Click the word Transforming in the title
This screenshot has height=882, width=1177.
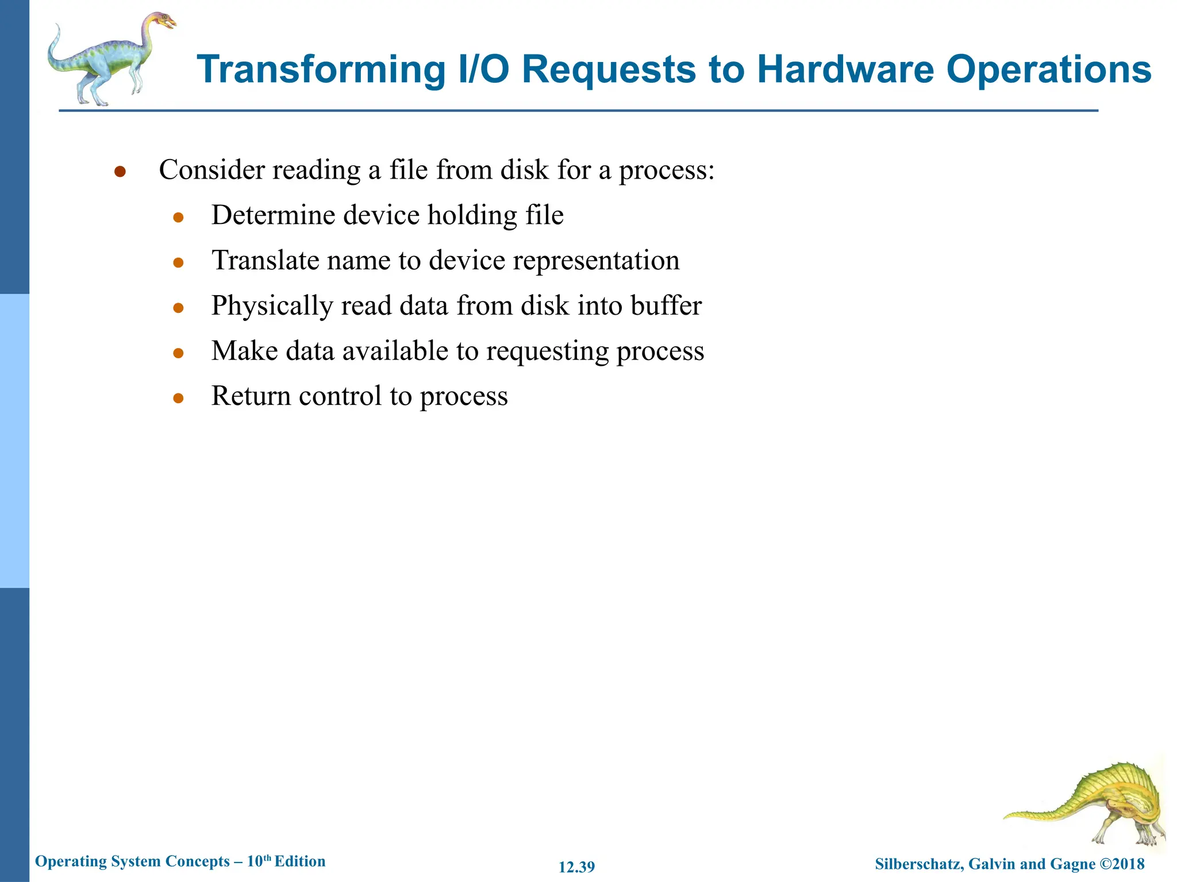(321, 70)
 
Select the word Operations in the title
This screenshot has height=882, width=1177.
(1048, 70)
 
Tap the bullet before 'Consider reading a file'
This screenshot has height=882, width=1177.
(120, 172)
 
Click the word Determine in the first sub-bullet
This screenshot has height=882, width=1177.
(273, 215)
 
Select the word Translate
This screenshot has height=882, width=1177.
(265, 260)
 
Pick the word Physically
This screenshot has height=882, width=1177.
(272, 306)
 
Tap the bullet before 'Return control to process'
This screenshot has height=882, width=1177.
(178, 397)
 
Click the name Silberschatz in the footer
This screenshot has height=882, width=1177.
(918, 864)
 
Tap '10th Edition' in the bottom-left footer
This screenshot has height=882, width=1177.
(286, 861)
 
